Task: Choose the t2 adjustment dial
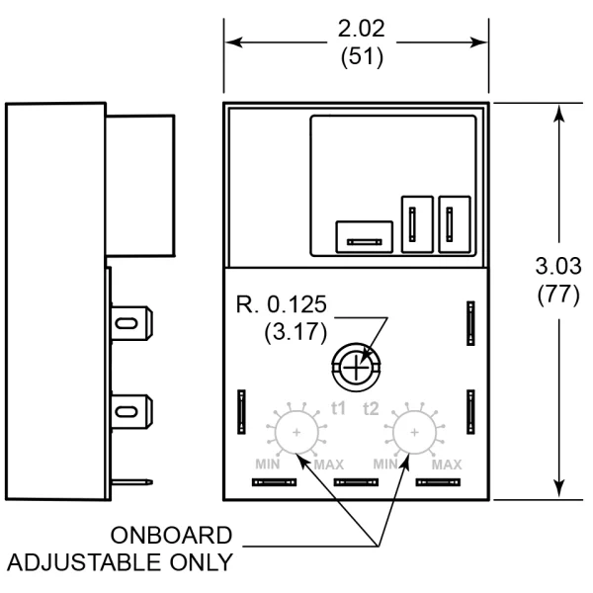click(413, 432)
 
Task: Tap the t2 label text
click(372, 407)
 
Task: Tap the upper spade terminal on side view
click(130, 323)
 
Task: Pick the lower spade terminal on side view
click(130, 408)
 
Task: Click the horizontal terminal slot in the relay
click(364, 237)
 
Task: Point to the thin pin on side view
click(133, 483)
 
